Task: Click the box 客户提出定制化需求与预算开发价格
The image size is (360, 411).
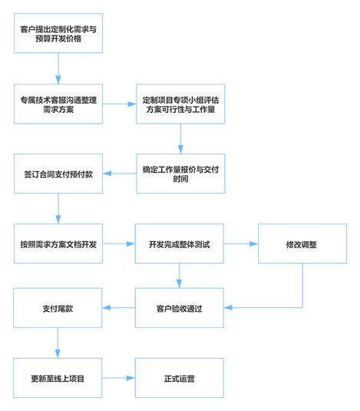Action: [x=58, y=33]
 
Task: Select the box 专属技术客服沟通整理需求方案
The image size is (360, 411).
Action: [x=58, y=104]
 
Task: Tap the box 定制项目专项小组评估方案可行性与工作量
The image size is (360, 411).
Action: [x=180, y=104]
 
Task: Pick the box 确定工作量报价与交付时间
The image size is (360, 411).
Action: [x=180, y=174]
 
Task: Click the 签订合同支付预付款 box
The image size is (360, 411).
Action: [x=58, y=174]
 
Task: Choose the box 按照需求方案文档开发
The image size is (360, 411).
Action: [x=58, y=244]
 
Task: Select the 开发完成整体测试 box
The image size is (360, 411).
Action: [x=180, y=244]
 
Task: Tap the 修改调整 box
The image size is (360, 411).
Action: [x=302, y=244]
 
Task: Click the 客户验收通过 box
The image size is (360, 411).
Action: [x=180, y=308]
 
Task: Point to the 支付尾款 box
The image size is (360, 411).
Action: [x=58, y=308]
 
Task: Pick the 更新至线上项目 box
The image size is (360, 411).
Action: [x=58, y=378]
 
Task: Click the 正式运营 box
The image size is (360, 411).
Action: [x=180, y=378]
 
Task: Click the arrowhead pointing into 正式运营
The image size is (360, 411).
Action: [x=131, y=378]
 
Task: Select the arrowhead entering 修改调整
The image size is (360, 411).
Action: [x=254, y=244]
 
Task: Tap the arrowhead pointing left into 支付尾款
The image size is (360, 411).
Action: [x=106, y=308]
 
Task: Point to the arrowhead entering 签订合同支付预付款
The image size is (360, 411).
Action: [x=107, y=174]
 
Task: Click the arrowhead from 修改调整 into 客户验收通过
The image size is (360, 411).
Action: [x=228, y=307]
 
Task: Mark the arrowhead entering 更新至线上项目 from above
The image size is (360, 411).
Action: [x=58, y=354]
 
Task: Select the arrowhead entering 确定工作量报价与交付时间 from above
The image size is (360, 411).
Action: [x=180, y=149]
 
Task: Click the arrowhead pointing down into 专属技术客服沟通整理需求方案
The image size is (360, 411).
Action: [x=58, y=80]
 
